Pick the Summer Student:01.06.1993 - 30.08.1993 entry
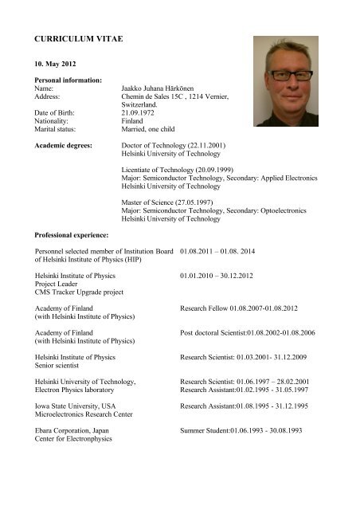241,430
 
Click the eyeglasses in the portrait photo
292,74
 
